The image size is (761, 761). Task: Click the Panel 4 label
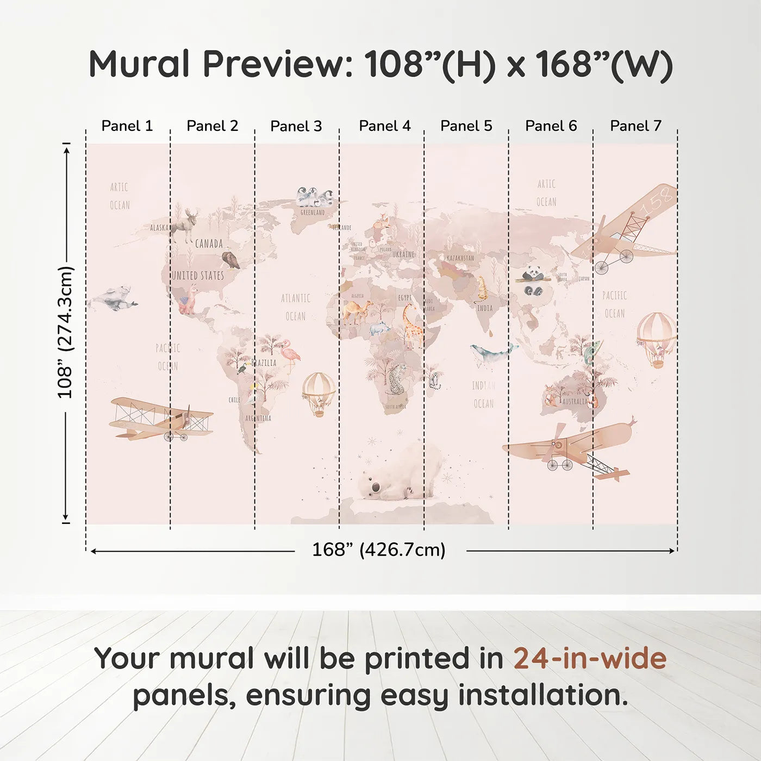[384, 126]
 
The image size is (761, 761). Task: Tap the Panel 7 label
[635, 126]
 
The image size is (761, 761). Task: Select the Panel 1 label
[127, 126]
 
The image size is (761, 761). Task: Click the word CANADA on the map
[209, 244]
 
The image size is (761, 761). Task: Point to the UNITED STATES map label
[198, 276]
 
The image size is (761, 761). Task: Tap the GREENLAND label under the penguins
[313, 213]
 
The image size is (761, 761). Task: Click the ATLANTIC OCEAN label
[296, 307]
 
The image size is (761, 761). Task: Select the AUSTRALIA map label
[575, 402]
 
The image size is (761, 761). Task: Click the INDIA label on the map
[485, 308]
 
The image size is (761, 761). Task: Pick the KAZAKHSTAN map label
[460, 258]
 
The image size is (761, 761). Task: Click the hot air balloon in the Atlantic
[319, 393]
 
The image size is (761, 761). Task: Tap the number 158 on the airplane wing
[657, 202]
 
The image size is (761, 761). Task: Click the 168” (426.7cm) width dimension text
[378, 550]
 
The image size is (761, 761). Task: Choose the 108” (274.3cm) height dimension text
[65, 332]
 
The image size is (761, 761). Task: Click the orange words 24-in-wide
[590, 658]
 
